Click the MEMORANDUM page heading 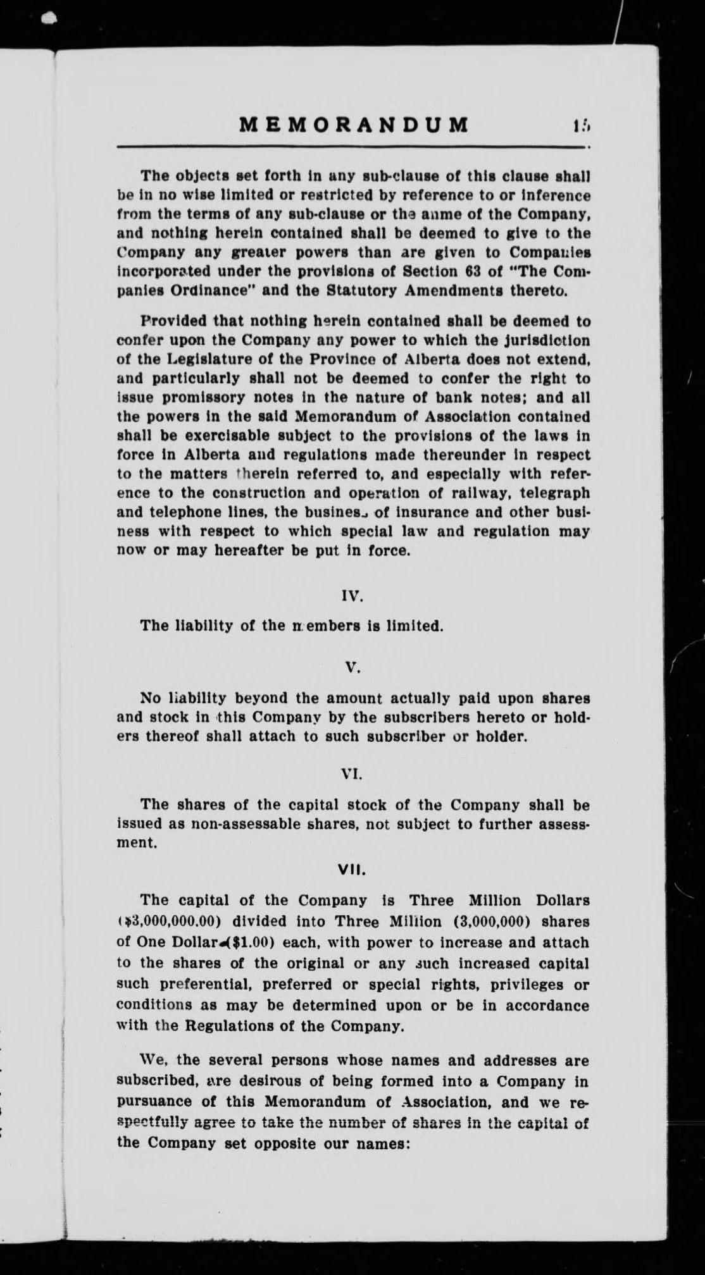(354, 125)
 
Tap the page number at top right (582, 125)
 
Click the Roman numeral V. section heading (354, 667)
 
